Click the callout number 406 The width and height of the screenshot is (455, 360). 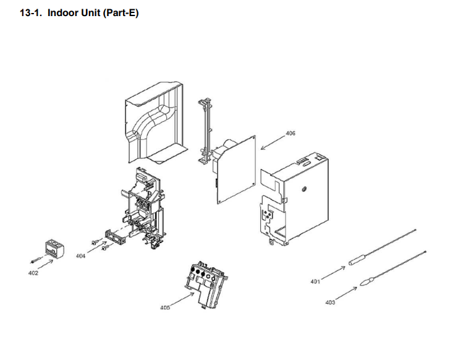pyautogui.click(x=291, y=133)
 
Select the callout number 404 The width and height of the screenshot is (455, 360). pyautogui.click(x=81, y=255)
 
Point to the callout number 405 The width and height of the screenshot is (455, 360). pyautogui.click(x=164, y=307)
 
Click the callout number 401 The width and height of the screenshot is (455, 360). pyautogui.click(x=315, y=281)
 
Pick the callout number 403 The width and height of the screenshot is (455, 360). pyautogui.click(x=330, y=302)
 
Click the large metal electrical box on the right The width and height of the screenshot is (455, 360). pyautogui.click(x=294, y=198)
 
